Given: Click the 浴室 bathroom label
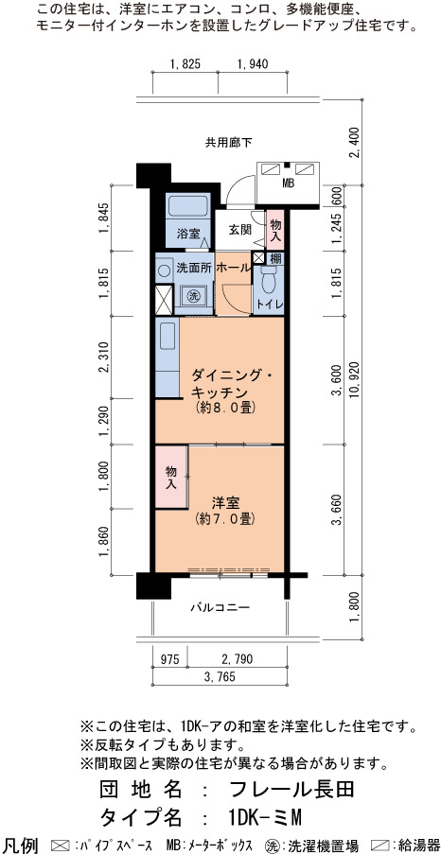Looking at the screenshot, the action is tap(187, 234).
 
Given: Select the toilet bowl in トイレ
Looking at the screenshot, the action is tap(268, 281).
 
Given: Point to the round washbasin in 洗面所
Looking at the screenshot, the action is tap(163, 270).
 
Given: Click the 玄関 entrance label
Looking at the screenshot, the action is tap(238, 230).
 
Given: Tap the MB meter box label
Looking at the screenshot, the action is tap(288, 184).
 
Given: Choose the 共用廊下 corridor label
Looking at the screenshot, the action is tap(229, 143).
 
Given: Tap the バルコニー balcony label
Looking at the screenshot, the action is tap(220, 607).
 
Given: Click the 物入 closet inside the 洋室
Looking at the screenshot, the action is tap(171, 477).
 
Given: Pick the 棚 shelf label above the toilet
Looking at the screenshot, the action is tap(275, 257).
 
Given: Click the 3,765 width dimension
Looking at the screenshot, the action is tap(219, 677).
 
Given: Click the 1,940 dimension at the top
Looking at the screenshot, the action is tap(252, 64).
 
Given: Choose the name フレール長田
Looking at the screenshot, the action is tap(292, 789).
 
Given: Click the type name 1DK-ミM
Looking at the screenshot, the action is tap(265, 817).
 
